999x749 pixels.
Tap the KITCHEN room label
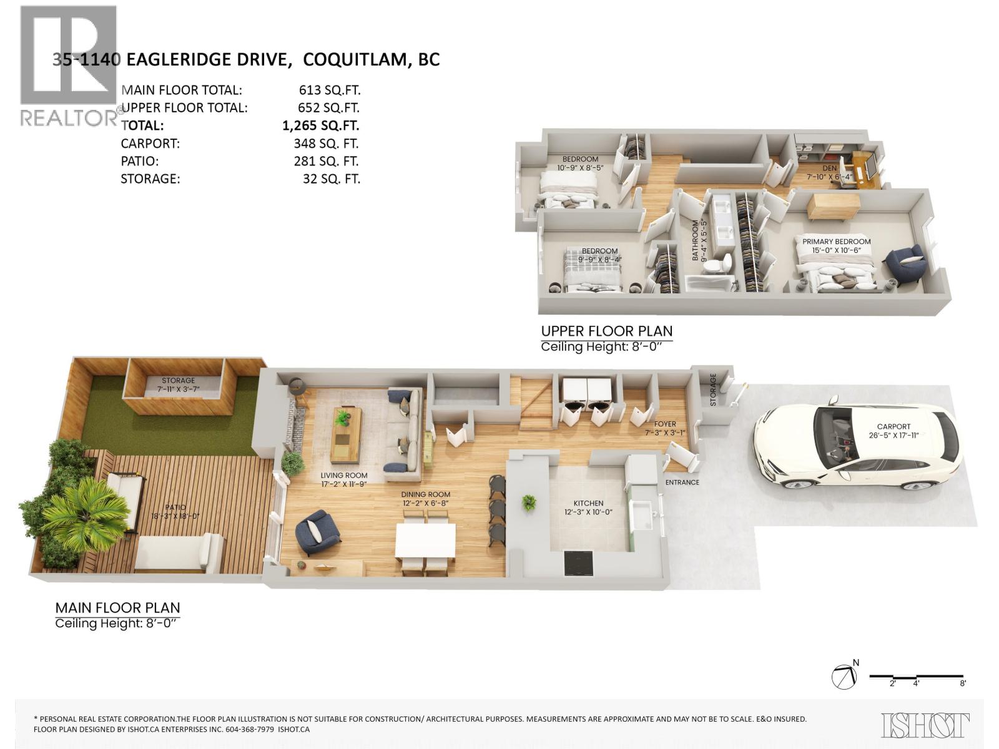589,503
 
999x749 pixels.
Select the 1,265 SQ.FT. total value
321,125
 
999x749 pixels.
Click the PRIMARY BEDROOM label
836,242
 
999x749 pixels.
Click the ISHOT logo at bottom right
925,725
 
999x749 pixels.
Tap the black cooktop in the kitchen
579,564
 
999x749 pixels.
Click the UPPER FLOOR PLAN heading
606,331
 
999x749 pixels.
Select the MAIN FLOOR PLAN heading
117,607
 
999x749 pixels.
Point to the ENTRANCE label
682,482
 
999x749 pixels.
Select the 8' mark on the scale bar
963,683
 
